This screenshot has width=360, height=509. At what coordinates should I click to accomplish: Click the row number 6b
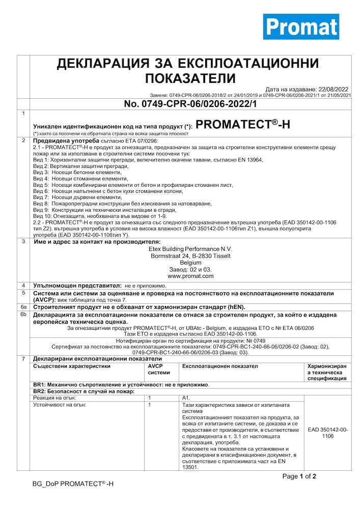tap(23, 315)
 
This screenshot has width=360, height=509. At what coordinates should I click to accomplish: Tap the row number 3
tap(23, 241)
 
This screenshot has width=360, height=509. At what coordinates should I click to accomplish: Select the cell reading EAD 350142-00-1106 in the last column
tap(328, 433)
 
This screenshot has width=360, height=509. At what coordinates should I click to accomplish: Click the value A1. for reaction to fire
tap(185, 397)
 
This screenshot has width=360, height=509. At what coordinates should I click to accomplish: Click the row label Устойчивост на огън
tap(59, 405)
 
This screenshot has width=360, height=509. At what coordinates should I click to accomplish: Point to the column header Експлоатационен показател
tap(219, 366)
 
